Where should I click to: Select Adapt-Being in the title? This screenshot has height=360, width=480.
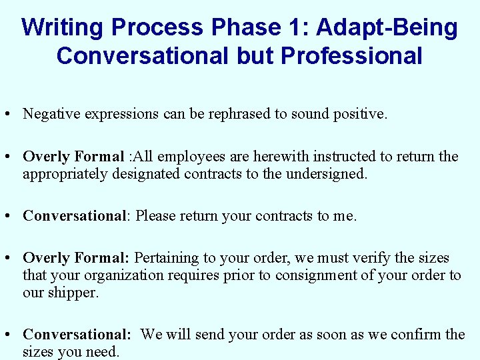click(x=387, y=28)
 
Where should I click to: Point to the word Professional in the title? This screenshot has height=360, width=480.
click(x=352, y=56)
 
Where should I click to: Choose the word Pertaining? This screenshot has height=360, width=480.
click(x=167, y=258)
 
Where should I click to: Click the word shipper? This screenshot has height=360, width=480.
click(x=73, y=293)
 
